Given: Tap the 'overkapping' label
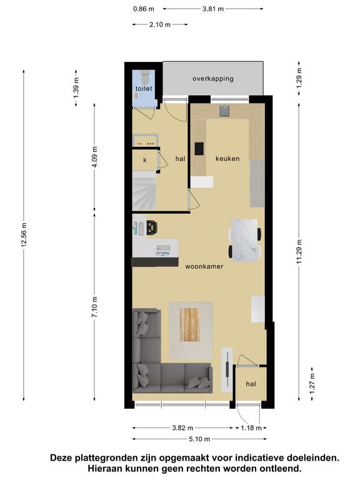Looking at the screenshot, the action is point(213,79).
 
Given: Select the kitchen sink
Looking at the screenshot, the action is point(225,111).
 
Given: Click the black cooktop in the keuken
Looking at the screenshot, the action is point(199,149).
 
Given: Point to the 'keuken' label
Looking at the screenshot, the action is point(227,159).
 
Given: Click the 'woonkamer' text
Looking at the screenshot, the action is point(204,267).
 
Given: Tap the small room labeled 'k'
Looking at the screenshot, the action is point(145,159).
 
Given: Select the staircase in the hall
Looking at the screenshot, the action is point(144,191).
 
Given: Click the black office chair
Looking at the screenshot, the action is point(152,227).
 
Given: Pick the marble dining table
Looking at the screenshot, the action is point(244,240).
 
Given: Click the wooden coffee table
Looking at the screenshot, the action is point(189,324).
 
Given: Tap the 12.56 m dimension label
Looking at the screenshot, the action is point(24,234).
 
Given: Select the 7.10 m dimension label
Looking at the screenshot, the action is point(94,307).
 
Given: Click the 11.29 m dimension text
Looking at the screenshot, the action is point(299,252).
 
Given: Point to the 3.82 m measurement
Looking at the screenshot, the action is point(182,427).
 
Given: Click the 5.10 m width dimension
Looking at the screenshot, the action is point(199,439).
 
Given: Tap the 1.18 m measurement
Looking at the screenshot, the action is point(251,427).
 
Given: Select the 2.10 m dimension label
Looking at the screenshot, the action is point(160,24).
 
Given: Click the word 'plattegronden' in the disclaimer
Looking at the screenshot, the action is point(106,458).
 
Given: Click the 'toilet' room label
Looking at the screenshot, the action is point(144,89).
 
